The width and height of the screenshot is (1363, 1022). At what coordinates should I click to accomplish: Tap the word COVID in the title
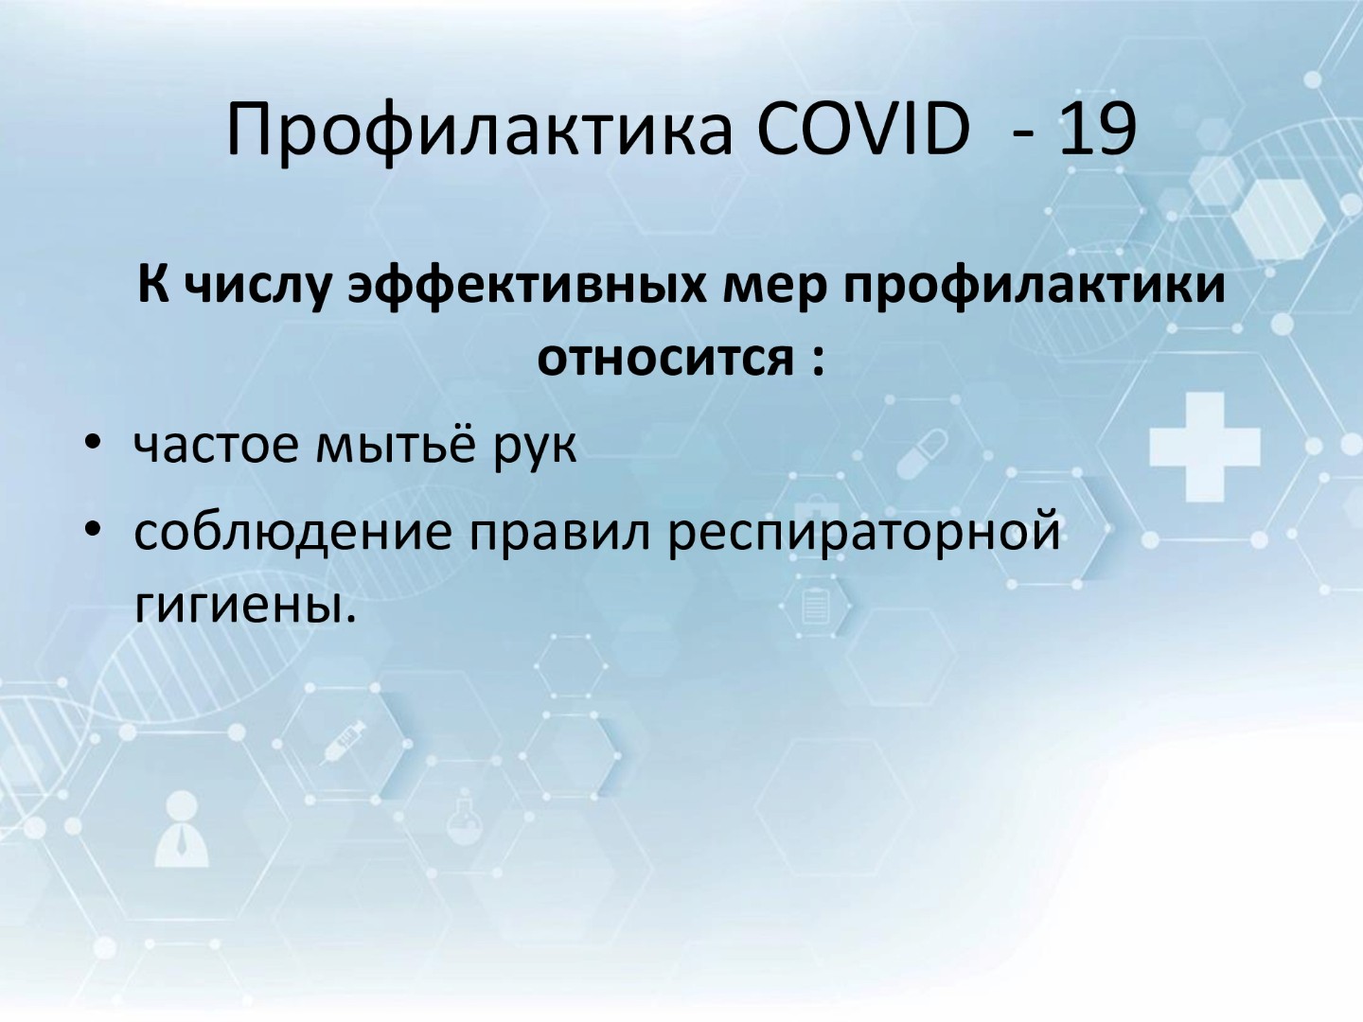[x=864, y=129]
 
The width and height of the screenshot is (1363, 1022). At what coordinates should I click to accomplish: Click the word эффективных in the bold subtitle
[x=526, y=287]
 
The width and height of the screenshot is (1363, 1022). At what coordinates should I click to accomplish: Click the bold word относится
[x=665, y=360]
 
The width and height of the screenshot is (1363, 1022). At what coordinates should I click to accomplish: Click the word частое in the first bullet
[x=216, y=446]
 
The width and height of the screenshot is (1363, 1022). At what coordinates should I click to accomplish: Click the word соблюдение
[x=292, y=533]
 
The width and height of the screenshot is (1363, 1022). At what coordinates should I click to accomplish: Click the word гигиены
[x=245, y=607]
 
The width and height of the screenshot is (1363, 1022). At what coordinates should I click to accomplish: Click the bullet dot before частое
[x=93, y=443]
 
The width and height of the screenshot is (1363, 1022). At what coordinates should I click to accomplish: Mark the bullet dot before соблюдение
[x=93, y=529]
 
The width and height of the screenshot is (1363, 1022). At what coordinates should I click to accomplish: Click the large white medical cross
[x=1205, y=447]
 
